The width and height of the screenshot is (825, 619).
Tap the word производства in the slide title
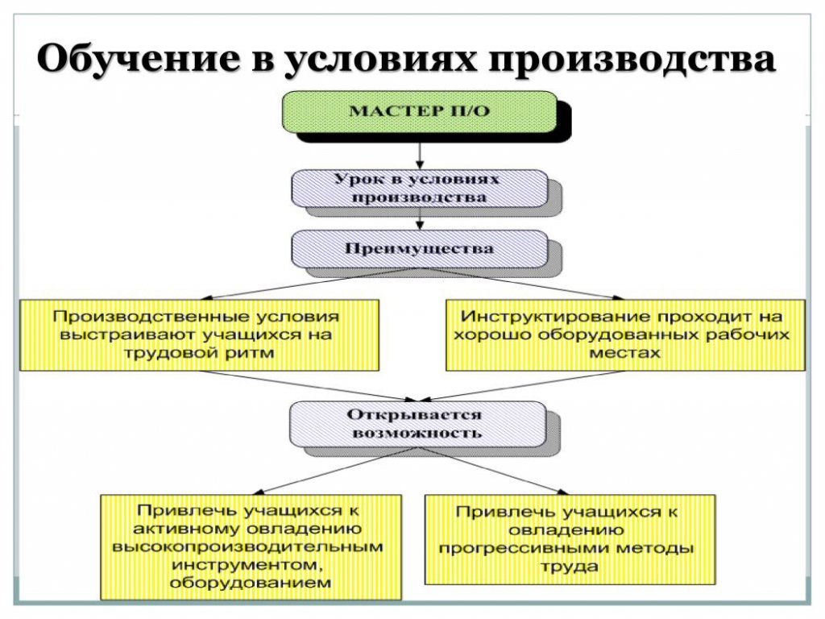tap(632, 60)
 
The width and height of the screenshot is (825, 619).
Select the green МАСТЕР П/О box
tap(420, 111)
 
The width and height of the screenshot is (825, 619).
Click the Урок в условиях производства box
tap(420, 189)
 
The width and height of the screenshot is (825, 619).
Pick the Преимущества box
tap(420, 249)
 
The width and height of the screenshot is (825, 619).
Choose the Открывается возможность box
tap(418, 424)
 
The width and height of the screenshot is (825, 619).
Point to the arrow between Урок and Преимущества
tap(420, 219)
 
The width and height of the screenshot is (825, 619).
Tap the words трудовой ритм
tap(199, 353)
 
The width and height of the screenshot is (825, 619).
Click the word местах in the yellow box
tap(624, 353)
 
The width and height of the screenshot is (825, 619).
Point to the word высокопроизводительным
tap(248, 547)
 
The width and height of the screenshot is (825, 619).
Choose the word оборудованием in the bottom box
tap(251, 584)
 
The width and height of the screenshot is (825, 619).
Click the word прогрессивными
tap(523, 548)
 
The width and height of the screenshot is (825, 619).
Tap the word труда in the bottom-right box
tap(570, 567)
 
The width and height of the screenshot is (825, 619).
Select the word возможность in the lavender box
tap(417, 433)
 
